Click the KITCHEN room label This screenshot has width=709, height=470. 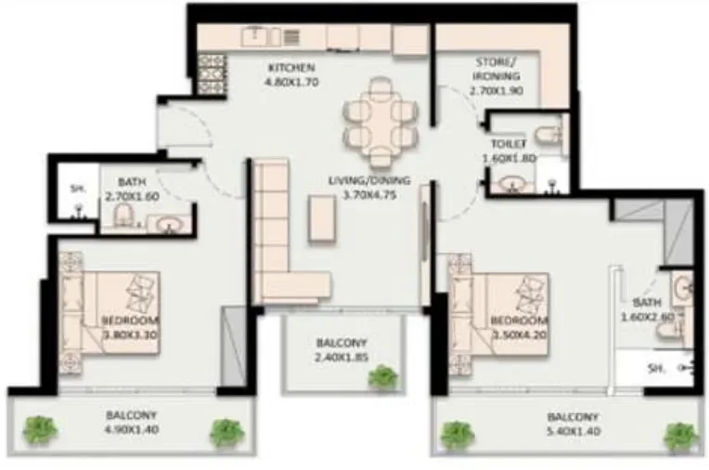[x=291, y=68]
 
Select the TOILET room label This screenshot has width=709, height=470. [x=509, y=145]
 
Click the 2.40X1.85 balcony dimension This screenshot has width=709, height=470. [x=341, y=356]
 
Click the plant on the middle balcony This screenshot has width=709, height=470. [x=381, y=376]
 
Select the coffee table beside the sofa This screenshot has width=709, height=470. [x=321, y=219]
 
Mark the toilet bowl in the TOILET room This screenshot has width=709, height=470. [x=553, y=136]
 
